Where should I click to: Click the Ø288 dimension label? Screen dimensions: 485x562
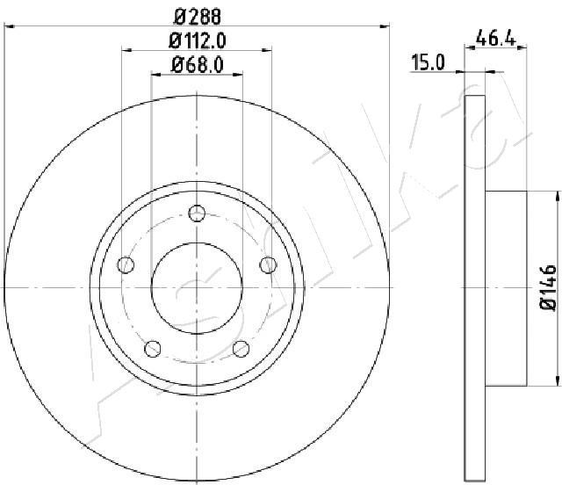tap(196, 15)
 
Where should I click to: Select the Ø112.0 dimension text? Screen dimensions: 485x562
tap(196, 40)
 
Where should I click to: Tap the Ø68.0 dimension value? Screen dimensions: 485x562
tap(196, 63)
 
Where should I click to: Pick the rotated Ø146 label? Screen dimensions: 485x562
tap(547, 286)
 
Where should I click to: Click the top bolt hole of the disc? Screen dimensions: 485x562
tap(197, 213)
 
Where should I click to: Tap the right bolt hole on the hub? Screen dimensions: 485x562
tap(266, 264)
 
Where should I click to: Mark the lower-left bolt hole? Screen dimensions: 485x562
tap(154, 348)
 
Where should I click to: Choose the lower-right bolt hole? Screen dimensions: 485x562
tap(240, 348)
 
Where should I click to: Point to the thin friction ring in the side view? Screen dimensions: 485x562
tap(473, 286)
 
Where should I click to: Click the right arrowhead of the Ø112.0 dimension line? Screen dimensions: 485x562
tap(268, 51)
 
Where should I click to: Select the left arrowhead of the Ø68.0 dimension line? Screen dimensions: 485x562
tap(155, 76)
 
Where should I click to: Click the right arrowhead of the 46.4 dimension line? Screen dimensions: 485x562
tap(524, 49)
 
